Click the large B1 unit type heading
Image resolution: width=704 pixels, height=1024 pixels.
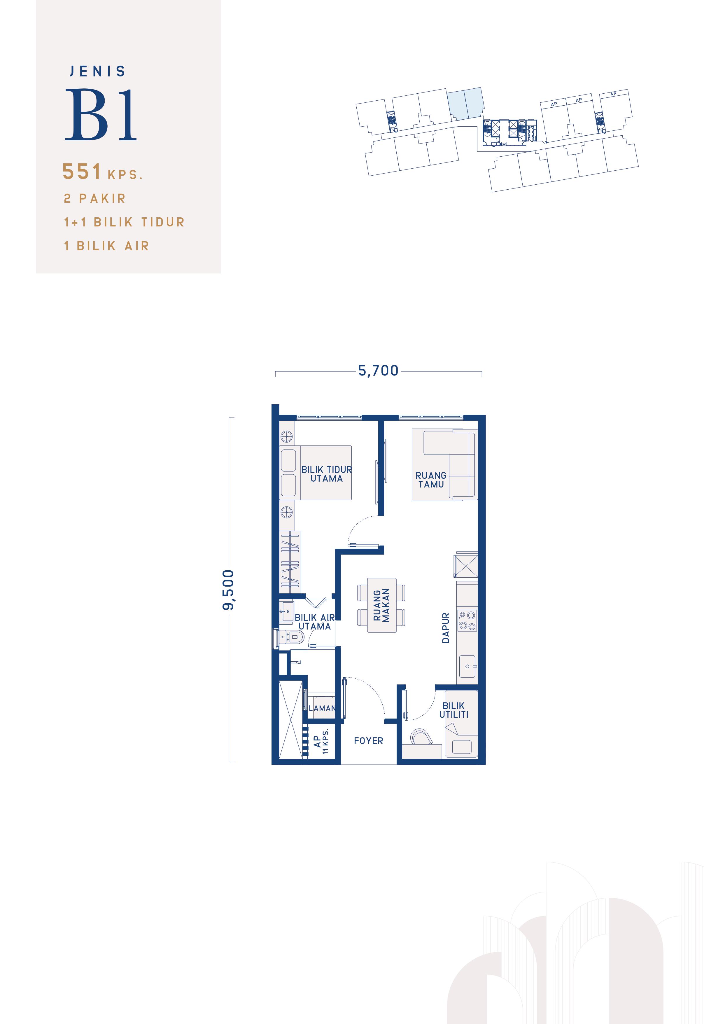pyautogui.click(x=101, y=115)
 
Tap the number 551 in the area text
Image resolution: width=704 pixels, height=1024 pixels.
pyautogui.click(x=82, y=172)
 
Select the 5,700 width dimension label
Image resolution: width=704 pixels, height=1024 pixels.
pyautogui.click(x=378, y=371)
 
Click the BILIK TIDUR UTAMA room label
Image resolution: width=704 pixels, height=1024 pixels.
pyautogui.click(x=326, y=474)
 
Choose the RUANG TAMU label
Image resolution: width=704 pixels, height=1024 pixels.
pyautogui.click(x=431, y=480)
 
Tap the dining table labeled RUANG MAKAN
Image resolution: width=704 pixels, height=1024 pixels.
pyautogui.click(x=381, y=605)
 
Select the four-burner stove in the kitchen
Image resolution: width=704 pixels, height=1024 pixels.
pyautogui.click(x=467, y=620)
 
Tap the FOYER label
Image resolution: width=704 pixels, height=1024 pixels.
pyautogui.click(x=368, y=741)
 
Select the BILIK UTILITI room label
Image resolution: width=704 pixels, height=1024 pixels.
pyautogui.click(x=453, y=710)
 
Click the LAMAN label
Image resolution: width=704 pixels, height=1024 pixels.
pyautogui.click(x=322, y=708)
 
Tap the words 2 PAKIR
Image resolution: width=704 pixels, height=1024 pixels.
pyautogui.click(x=95, y=199)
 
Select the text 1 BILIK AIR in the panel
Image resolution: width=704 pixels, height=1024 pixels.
pyautogui.click(x=106, y=246)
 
